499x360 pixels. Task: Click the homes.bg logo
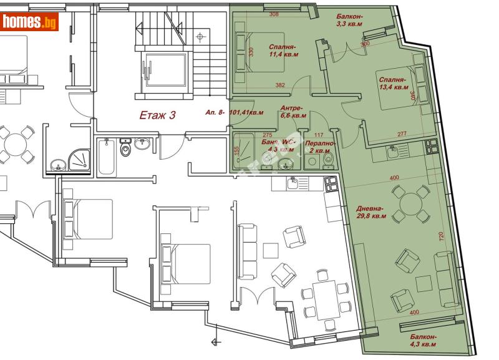click(x=29, y=22)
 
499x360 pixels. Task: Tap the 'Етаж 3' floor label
click(x=157, y=115)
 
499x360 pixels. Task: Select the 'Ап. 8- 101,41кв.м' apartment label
click(x=234, y=113)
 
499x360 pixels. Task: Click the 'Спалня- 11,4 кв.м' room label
click(x=283, y=51)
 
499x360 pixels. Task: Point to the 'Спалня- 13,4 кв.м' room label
click(x=392, y=84)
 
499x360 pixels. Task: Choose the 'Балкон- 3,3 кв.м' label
click(x=349, y=20)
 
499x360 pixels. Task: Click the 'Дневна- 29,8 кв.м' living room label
click(x=371, y=213)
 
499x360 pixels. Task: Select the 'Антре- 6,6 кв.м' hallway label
click(x=293, y=111)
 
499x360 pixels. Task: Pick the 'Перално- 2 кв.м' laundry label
click(x=320, y=147)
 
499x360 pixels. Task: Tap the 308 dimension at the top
click(x=273, y=14)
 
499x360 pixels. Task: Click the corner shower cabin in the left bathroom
click(x=80, y=159)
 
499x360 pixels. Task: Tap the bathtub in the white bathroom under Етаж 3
click(x=104, y=156)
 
